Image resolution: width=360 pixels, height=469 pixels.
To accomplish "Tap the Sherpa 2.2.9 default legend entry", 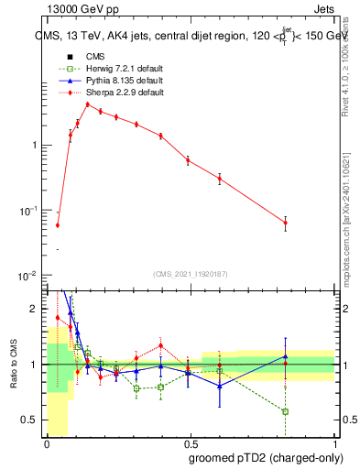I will coord(108,93).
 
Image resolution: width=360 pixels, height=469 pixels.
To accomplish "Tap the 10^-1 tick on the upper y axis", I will coord(31,211).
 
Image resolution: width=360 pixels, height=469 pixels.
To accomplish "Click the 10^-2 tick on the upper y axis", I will coord(31,276).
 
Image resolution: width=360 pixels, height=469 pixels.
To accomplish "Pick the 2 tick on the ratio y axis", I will coord(37,309).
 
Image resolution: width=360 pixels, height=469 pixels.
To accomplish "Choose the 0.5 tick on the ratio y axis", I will coord(32,420).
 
